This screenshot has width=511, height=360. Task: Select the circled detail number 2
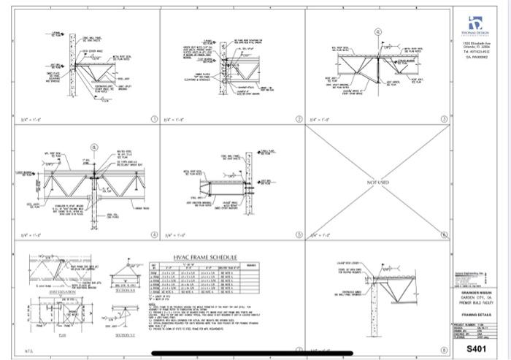pyautogui.click(x=299, y=118)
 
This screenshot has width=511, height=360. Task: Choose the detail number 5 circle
pyautogui.click(x=299, y=236)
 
